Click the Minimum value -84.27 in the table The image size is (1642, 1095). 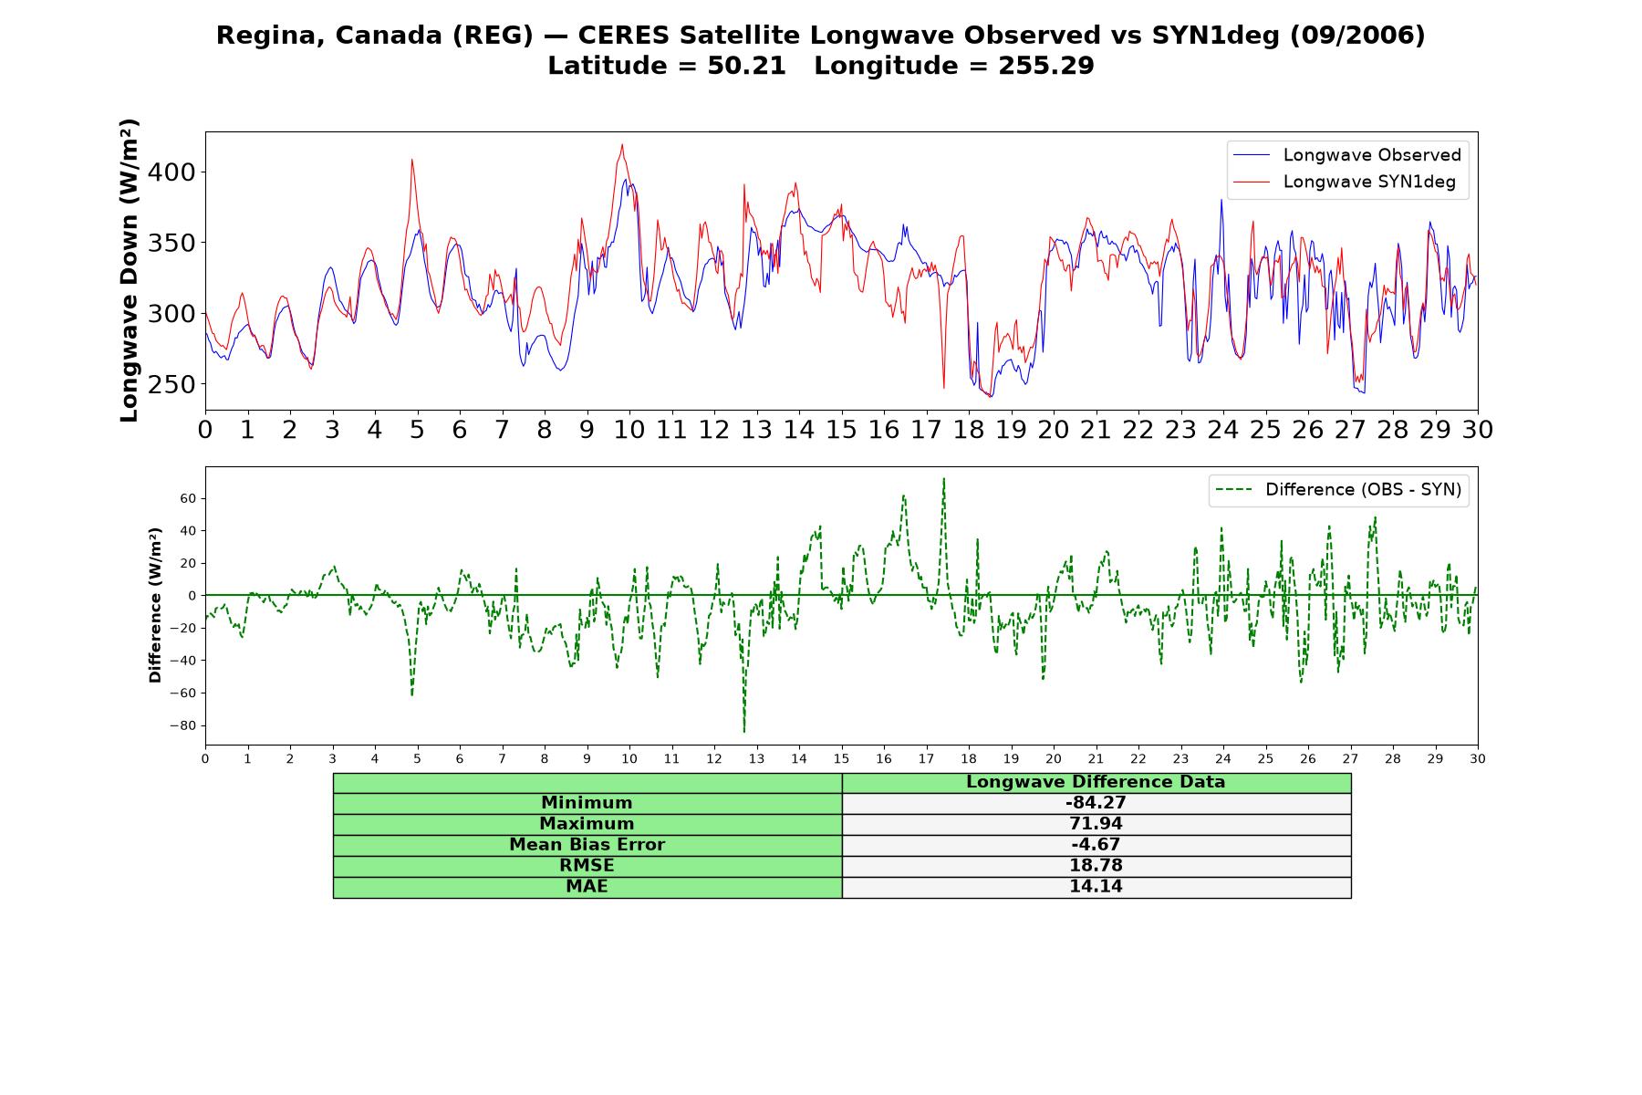pos(1096,803)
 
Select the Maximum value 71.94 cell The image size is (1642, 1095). pos(1096,824)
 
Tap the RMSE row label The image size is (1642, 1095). pos(587,866)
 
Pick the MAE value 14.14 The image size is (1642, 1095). pos(1096,887)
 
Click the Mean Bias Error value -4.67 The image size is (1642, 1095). pos(1096,845)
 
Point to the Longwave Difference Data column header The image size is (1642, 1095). pos(1096,782)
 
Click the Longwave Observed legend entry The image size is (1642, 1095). pos(1347,155)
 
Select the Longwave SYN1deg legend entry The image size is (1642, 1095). pos(1344,182)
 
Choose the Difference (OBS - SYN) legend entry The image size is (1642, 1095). pos(1338,490)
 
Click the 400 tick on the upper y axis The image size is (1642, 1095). pos(171,172)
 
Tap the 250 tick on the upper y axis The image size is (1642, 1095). pos(171,384)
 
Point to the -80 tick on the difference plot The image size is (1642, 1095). pos(182,726)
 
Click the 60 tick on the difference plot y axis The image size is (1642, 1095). pos(188,498)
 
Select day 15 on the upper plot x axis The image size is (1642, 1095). pos(841,430)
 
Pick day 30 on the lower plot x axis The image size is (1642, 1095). pos(1478,759)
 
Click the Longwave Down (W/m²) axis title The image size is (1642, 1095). pos(129,270)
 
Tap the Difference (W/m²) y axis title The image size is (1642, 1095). pos(155,605)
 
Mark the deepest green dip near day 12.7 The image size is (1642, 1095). pos(744,731)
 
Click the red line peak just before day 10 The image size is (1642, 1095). pos(622,144)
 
